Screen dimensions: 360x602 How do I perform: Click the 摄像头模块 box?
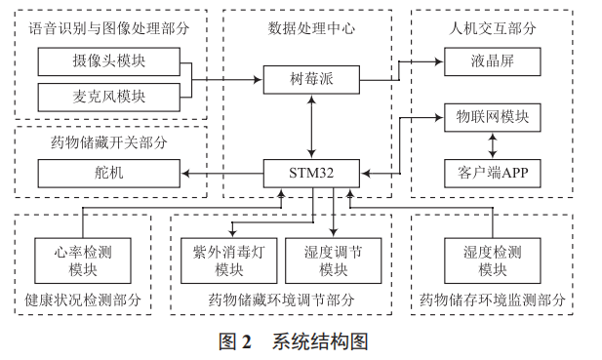click(108, 63)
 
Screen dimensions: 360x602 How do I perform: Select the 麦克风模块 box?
click(108, 98)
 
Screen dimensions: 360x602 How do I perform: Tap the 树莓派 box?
click(311, 76)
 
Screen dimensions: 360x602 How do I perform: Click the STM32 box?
click(311, 174)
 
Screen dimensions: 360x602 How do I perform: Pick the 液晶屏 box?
click(493, 63)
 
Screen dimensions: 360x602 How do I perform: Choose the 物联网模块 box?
click(493, 117)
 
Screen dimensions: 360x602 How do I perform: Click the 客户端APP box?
click(493, 174)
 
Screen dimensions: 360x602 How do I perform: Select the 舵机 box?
click(108, 174)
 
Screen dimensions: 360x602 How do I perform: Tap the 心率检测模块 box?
click(83, 260)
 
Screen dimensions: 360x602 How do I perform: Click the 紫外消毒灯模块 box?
click(229, 260)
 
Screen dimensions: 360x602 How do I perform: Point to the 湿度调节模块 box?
click(333, 260)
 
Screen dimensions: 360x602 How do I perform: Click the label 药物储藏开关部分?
click(109, 142)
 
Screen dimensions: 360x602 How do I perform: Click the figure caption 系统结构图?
click(319, 341)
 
